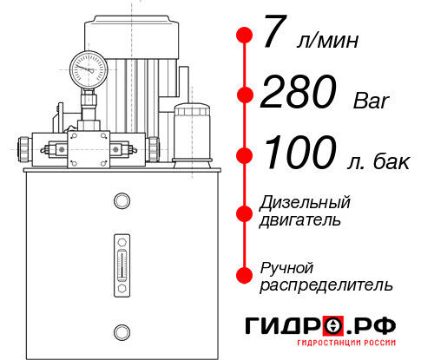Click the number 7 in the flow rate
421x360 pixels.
point(275,36)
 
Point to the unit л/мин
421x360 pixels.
point(327,41)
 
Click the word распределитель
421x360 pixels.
point(326,284)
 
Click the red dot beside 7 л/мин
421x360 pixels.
point(244,35)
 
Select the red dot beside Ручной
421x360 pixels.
point(244,274)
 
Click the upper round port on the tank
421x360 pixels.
point(121,201)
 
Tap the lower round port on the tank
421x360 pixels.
point(121,330)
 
